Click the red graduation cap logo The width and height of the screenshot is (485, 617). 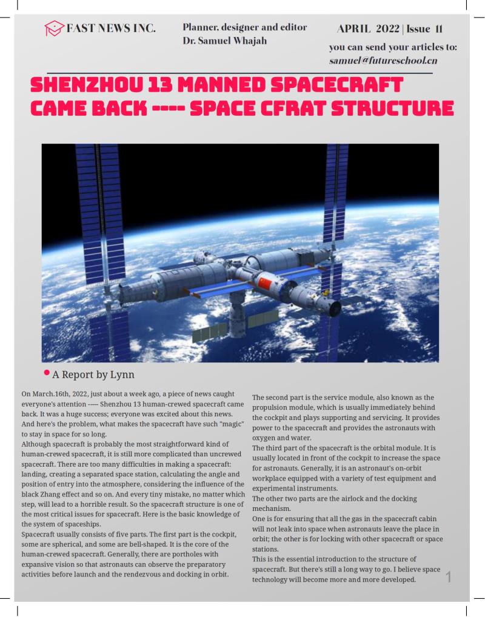(x=54, y=28)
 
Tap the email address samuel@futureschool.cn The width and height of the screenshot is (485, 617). (x=383, y=61)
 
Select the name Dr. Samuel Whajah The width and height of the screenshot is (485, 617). (x=224, y=41)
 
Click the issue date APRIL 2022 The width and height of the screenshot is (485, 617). (x=367, y=28)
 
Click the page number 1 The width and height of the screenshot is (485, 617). (x=449, y=577)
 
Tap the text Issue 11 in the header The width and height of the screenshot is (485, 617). (x=424, y=28)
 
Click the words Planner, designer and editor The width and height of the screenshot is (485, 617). (x=244, y=27)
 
